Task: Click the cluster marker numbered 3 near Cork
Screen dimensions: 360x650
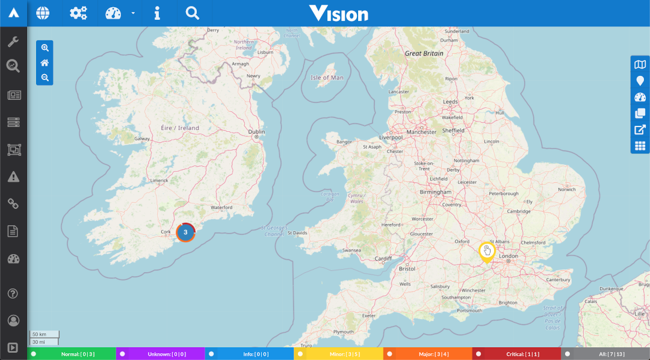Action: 185,232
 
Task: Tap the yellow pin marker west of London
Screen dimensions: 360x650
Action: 486,252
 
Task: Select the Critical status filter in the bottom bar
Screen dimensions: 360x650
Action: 516,354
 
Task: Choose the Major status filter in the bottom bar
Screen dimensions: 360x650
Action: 427,354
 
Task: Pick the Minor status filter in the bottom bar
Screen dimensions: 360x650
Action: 338,354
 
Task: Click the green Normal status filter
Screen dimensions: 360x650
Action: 72,354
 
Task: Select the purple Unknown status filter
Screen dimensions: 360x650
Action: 160,354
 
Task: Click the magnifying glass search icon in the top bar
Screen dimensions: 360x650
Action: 192,13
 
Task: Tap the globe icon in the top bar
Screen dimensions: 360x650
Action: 43,13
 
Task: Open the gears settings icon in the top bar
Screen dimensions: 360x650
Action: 78,13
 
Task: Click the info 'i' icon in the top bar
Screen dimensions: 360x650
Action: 157,13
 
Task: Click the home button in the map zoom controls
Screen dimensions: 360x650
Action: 45,63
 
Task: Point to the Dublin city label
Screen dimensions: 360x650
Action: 256,131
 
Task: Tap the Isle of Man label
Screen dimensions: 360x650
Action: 327,78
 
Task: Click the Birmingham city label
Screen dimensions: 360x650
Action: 436,192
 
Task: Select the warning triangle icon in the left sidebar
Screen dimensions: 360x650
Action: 13,176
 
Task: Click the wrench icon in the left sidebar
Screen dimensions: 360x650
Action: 13,42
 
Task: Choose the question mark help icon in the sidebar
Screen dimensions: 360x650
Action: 13,294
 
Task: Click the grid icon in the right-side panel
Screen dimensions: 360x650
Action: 640,146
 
